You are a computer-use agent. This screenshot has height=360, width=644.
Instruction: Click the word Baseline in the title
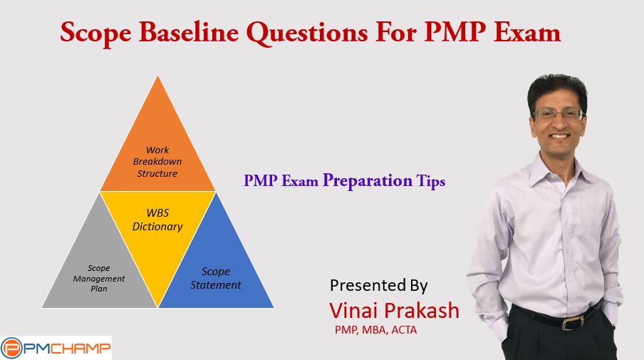tap(189, 33)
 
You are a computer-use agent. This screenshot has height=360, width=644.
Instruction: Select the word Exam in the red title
tap(527, 33)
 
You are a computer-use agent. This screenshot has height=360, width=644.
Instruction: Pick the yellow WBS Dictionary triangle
tap(157, 230)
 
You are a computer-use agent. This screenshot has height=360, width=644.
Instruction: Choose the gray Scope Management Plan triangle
tap(99, 271)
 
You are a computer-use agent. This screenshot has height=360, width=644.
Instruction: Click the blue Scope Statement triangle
tap(216, 271)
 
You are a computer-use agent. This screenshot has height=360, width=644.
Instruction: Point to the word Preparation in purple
tap(367, 181)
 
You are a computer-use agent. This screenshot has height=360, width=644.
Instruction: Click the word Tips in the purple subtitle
tap(431, 181)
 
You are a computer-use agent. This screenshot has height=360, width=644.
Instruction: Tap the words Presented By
tap(379, 285)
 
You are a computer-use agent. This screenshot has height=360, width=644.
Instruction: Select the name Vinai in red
tap(353, 310)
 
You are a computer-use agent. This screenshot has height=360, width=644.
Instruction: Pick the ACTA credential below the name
tap(404, 330)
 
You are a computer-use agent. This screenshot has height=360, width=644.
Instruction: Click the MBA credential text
tap(374, 330)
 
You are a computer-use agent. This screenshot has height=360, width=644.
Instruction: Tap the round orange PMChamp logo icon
tap(11, 349)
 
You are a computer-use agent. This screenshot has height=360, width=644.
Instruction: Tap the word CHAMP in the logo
tap(81, 349)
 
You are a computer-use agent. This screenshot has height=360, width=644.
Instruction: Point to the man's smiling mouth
tap(560, 135)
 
